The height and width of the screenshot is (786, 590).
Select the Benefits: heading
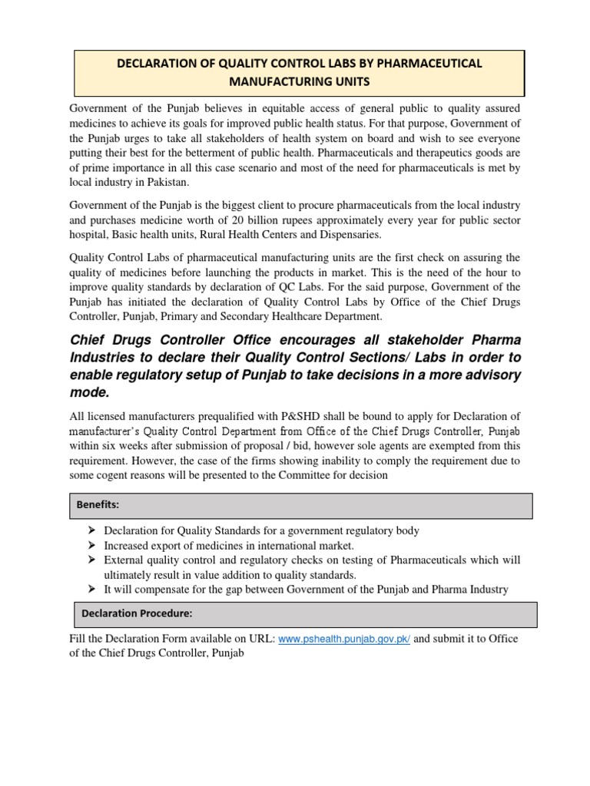[98, 505]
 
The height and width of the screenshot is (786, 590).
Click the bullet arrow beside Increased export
[91, 546]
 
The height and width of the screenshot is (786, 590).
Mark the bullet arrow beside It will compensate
[91, 589]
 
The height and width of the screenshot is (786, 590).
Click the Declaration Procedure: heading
[136, 614]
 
